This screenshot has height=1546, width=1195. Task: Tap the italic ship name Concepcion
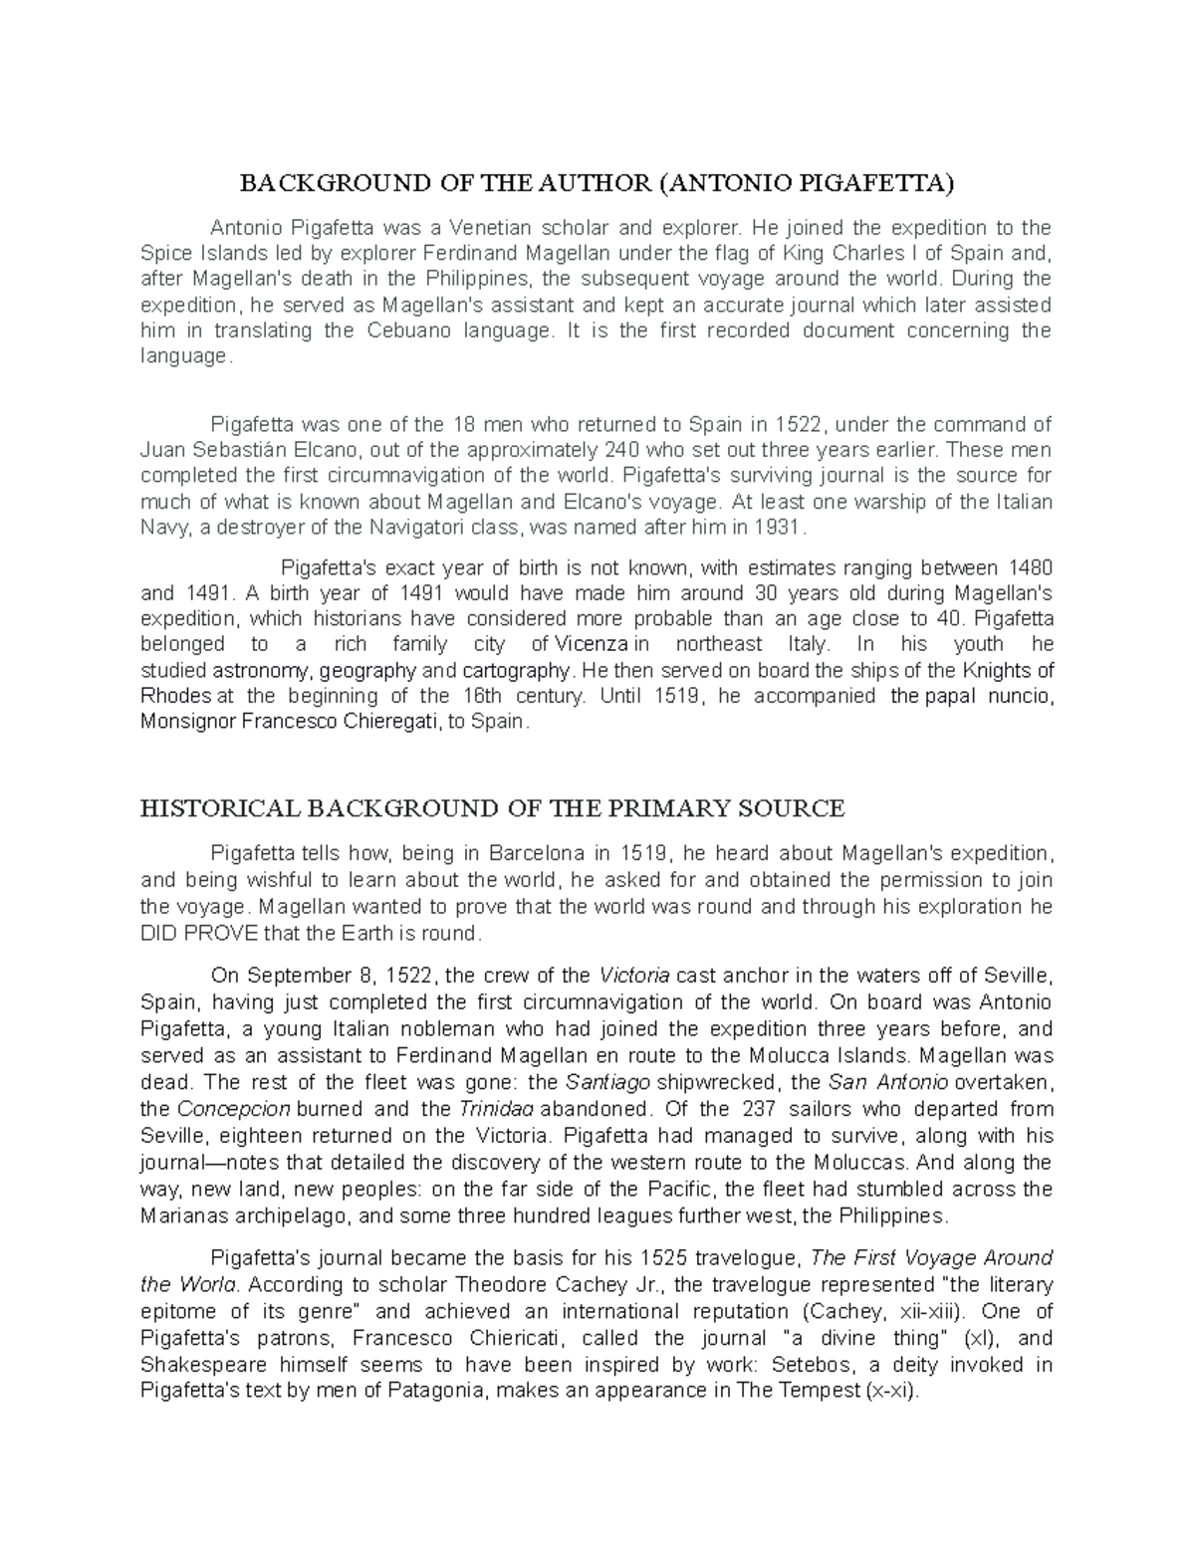coord(233,1108)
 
